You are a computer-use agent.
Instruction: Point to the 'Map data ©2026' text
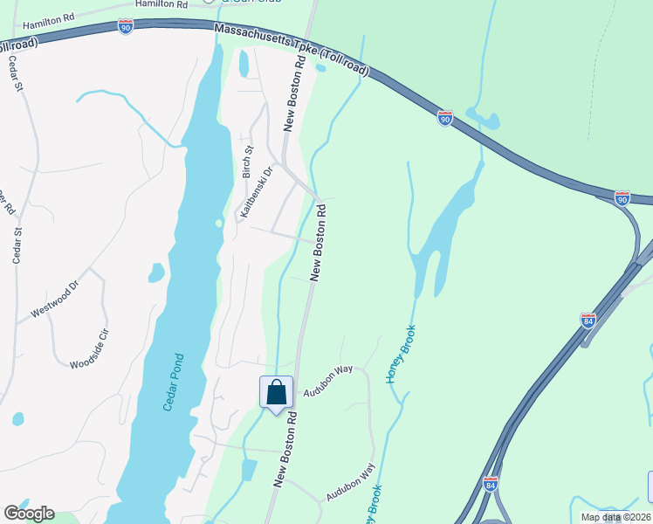(615, 517)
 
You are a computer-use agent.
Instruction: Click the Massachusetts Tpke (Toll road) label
(292, 51)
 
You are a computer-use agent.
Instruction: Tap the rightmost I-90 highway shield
(622, 198)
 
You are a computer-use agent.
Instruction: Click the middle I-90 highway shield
(445, 118)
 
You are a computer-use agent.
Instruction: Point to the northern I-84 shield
(588, 321)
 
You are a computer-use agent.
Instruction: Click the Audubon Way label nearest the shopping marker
(327, 381)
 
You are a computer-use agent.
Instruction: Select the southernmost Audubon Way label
(350, 481)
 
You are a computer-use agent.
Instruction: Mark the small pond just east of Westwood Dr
(156, 273)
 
